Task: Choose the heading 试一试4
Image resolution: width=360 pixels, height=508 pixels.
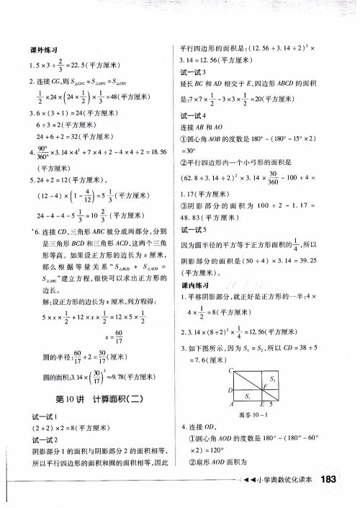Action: coord(194,115)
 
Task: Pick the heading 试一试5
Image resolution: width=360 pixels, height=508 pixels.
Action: coord(194,228)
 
